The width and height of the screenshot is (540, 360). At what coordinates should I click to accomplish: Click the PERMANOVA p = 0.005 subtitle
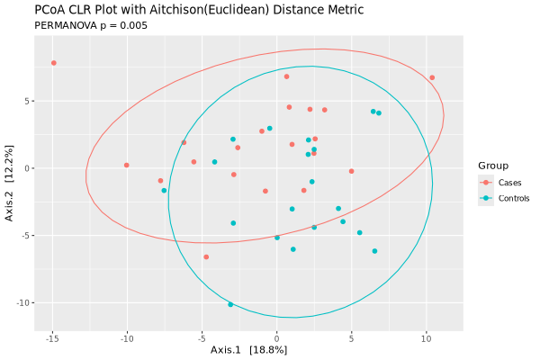coord(91,25)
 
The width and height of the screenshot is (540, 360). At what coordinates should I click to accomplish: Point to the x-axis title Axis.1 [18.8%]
coord(248,349)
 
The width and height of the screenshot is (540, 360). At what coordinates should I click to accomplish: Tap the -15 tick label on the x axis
coord(52,338)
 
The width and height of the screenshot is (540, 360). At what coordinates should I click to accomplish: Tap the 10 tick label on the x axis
coord(426,338)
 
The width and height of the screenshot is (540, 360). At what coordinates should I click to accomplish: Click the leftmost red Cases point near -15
coord(54,63)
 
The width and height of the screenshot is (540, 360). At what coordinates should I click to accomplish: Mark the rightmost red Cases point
coord(432,77)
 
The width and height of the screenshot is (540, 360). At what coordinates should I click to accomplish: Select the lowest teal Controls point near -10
coord(230,304)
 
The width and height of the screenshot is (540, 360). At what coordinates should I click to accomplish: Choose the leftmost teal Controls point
coord(164,191)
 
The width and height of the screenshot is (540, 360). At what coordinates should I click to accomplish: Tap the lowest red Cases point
coord(206,256)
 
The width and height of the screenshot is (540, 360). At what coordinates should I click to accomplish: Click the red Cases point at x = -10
coord(127,165)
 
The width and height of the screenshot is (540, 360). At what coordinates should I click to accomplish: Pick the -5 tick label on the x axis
coord(202,338)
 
